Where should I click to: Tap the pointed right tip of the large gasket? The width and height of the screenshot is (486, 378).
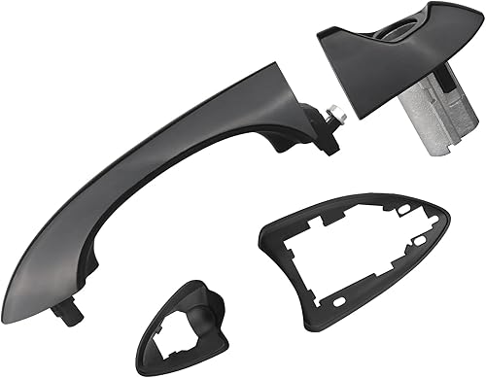click(449, 222)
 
